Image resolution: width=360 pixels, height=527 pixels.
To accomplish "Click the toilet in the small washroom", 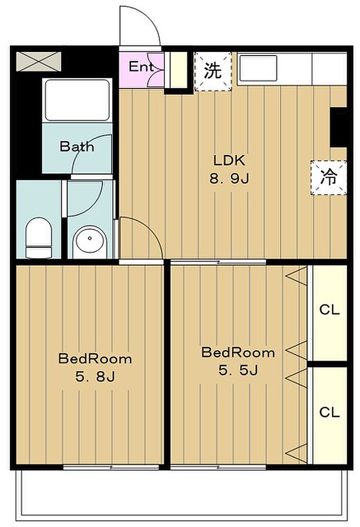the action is tap(39, 238).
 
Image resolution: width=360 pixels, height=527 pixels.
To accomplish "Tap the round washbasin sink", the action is tap(90, 238).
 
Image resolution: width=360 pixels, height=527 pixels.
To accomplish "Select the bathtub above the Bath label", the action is tap(77, 100).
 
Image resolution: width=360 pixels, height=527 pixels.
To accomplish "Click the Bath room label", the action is tap(77, 147).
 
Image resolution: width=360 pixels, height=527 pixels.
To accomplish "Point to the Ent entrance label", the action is tap(141, 66).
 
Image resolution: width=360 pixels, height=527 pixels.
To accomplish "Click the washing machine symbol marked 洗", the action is tap(213, 71).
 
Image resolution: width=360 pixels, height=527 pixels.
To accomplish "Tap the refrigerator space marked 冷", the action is tap(329, 177).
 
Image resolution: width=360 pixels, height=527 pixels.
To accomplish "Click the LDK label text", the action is tap(229, 160).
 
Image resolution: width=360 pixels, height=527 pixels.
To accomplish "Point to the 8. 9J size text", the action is tap(229, 179).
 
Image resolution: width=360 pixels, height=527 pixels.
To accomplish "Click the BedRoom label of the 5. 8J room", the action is tap(95, 358).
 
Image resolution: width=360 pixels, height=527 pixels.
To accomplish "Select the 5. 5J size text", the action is tap(238, 370).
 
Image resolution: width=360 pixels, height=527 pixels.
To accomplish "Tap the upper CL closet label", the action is tap(330, 310).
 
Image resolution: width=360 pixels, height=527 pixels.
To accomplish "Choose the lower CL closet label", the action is tap(330, 412).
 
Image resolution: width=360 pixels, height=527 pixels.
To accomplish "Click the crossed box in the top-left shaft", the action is tap(39, 62).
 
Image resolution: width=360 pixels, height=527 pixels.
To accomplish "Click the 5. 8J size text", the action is tap(95, 377).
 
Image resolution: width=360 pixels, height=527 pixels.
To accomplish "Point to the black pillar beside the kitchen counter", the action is tap(338, 127).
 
